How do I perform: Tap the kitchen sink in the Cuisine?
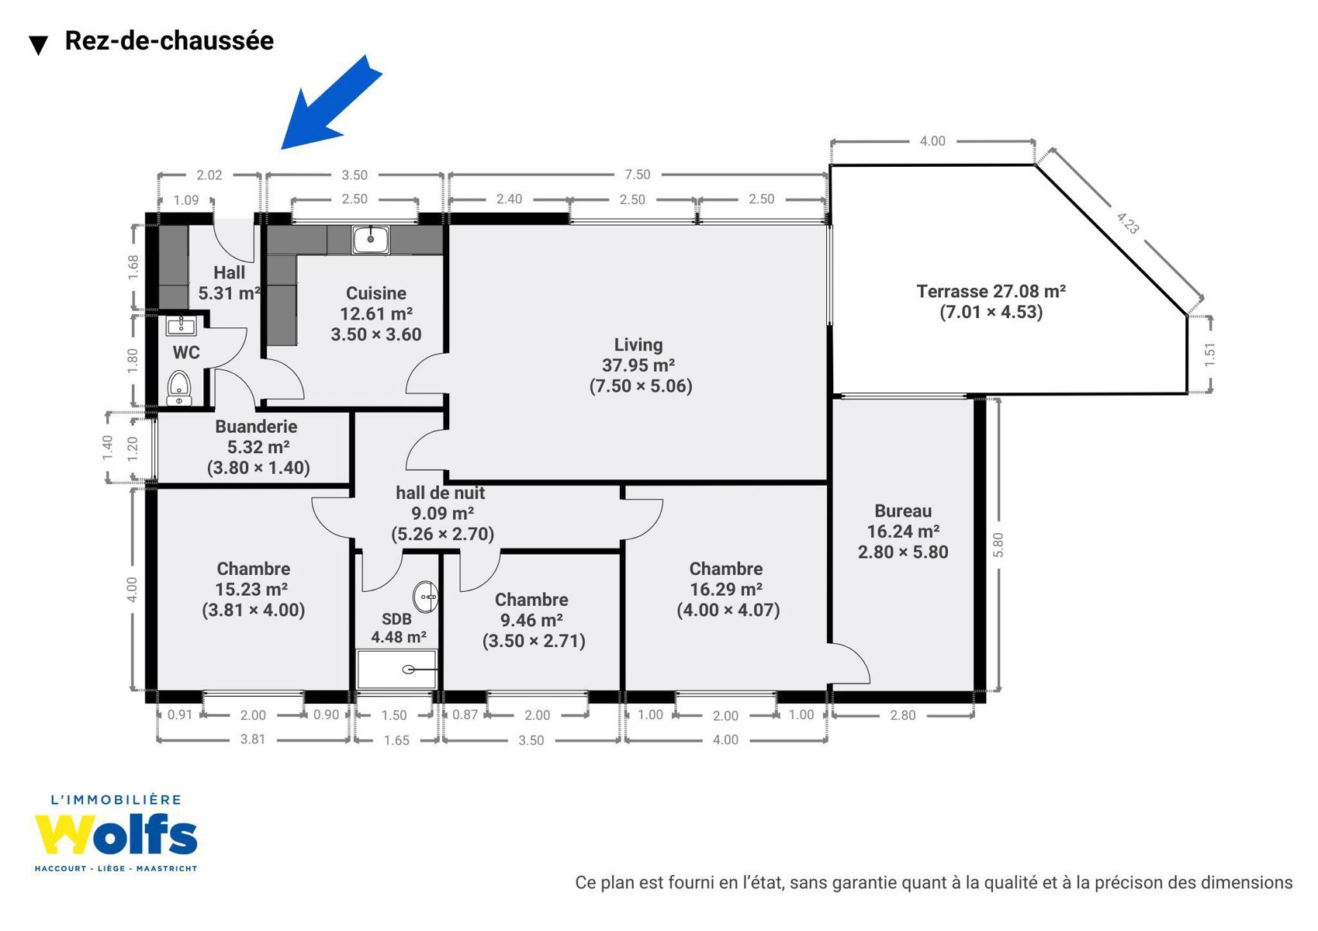[x=371, y=240]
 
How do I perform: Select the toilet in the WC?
[x=179, y=388]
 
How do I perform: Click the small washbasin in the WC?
[x=182, y=325]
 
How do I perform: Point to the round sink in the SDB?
[x=425, y=597]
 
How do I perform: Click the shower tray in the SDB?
[x=396, y=669]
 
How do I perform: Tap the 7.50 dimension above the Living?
[x=637, y=175]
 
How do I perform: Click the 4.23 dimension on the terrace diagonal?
[x=1127, y=223]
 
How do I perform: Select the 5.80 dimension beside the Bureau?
[x=998, y=545]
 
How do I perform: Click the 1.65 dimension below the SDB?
[x=396, y=739]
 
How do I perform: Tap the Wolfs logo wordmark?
[x=116, y=834]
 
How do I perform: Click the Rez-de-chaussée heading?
[x=169, y=40]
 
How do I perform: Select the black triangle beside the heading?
[x=39, y=46]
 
